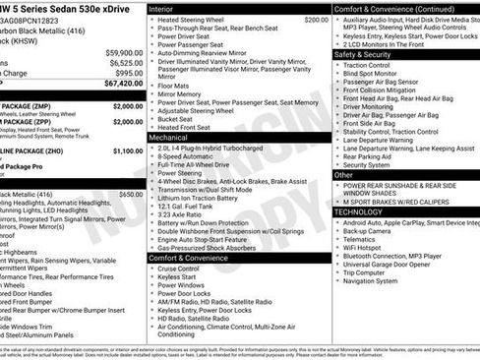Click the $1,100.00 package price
click(127, 151)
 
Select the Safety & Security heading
click(363, 54)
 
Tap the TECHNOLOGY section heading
click(358, 211)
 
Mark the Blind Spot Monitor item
click(371, 73)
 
